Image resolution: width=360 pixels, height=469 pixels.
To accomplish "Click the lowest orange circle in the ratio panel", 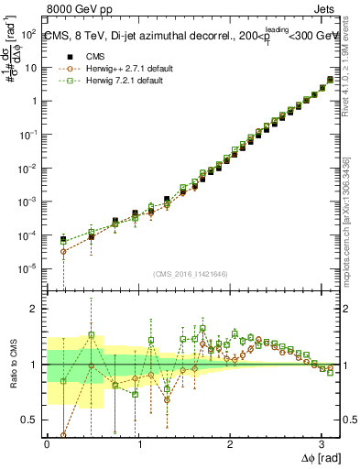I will [63, 436].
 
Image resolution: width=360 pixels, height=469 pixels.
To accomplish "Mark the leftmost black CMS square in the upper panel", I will [63, 239].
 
